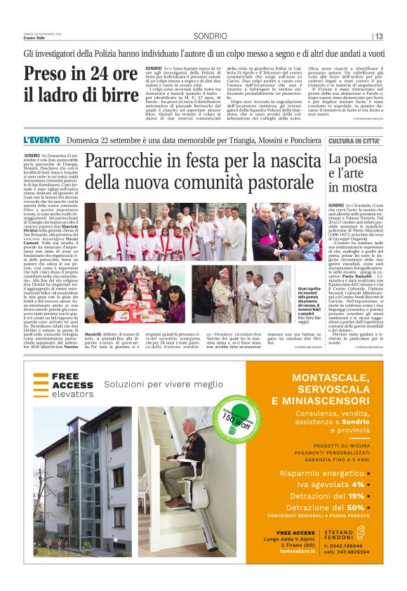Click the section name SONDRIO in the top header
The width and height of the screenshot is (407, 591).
tap(210, 36)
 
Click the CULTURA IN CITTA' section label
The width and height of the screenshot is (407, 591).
tap(354, 141)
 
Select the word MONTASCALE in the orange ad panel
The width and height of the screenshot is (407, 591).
tap(323, 378)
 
